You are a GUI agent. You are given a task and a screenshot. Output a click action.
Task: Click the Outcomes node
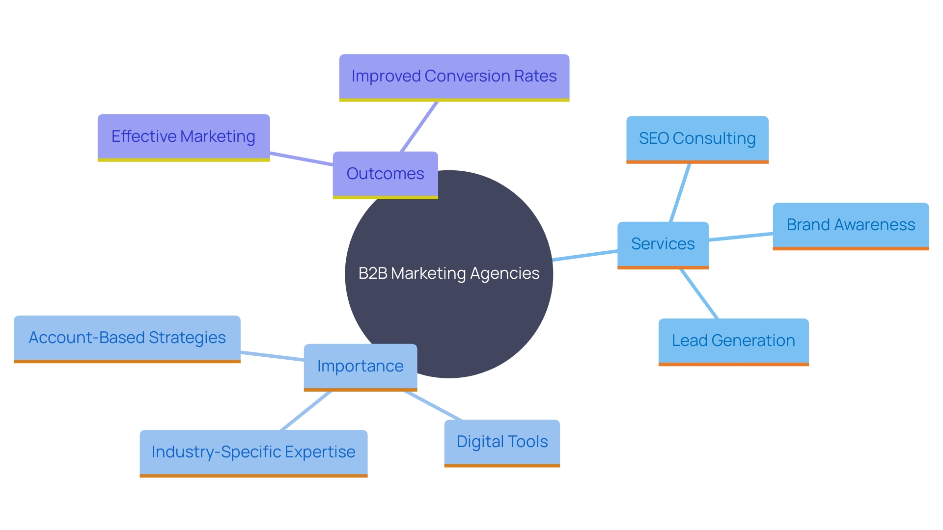[385, 174]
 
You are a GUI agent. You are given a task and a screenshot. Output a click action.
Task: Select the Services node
[663, 244]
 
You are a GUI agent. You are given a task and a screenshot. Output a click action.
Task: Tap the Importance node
[360, 366]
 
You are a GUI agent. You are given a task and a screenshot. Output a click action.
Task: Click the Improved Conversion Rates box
[454, 77]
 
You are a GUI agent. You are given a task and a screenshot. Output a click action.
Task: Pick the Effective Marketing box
[183, 136]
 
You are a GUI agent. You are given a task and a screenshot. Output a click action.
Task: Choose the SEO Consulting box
[697, 138]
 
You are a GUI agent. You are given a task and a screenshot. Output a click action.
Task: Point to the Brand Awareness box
[851, 225]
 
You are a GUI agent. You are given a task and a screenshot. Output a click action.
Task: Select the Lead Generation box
[733, 341]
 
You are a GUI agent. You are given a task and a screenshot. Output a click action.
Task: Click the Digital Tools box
[502, 442]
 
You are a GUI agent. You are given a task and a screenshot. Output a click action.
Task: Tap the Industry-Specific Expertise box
[253, 452]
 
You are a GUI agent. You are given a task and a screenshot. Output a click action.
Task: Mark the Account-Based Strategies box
[127, 338]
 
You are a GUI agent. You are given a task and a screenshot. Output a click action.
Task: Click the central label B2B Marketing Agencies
[449, 273]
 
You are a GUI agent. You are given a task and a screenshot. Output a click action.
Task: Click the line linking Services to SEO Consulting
[680, 192]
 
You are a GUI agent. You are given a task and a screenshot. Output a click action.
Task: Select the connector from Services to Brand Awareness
[741, 237]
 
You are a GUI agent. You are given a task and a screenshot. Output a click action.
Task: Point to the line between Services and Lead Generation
[699, 294]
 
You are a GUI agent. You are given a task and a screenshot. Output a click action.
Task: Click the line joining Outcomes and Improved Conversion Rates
[419, 127]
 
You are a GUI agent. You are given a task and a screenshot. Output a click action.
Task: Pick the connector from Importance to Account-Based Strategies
[272, 356]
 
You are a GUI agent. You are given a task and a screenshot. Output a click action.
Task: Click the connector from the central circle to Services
[585, 255]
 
